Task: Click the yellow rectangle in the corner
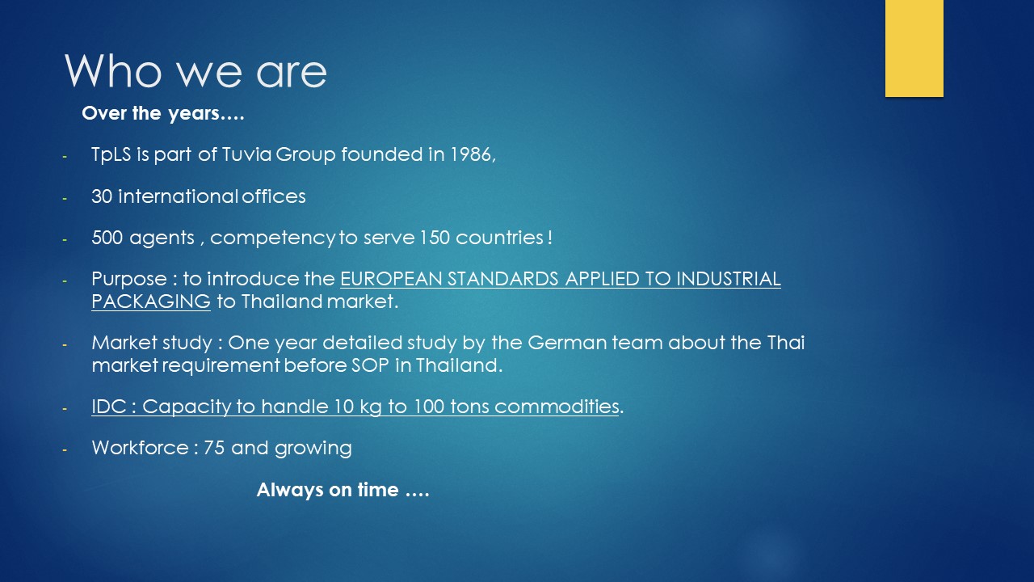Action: click(x=914, y=48)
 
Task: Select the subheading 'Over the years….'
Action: click(x=163, y=114)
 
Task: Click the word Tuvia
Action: click(x=246, y=154)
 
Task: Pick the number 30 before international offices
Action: click(x=102, y=196)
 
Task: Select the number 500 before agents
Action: click(x=107, y=238)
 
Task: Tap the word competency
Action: click(x=273, y=238)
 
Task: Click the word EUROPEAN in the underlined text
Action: click(x=392, y=279)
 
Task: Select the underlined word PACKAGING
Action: click(x=151, y=302)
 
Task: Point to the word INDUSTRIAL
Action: click(x=729, y=279)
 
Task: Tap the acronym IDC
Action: click(x=109, y=407)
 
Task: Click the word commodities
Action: click(x=557, y=407)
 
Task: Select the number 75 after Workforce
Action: click(x=214, y=448)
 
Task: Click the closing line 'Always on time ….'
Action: click(x=343, y=490)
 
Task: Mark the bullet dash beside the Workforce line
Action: click(x=65, y=449)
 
